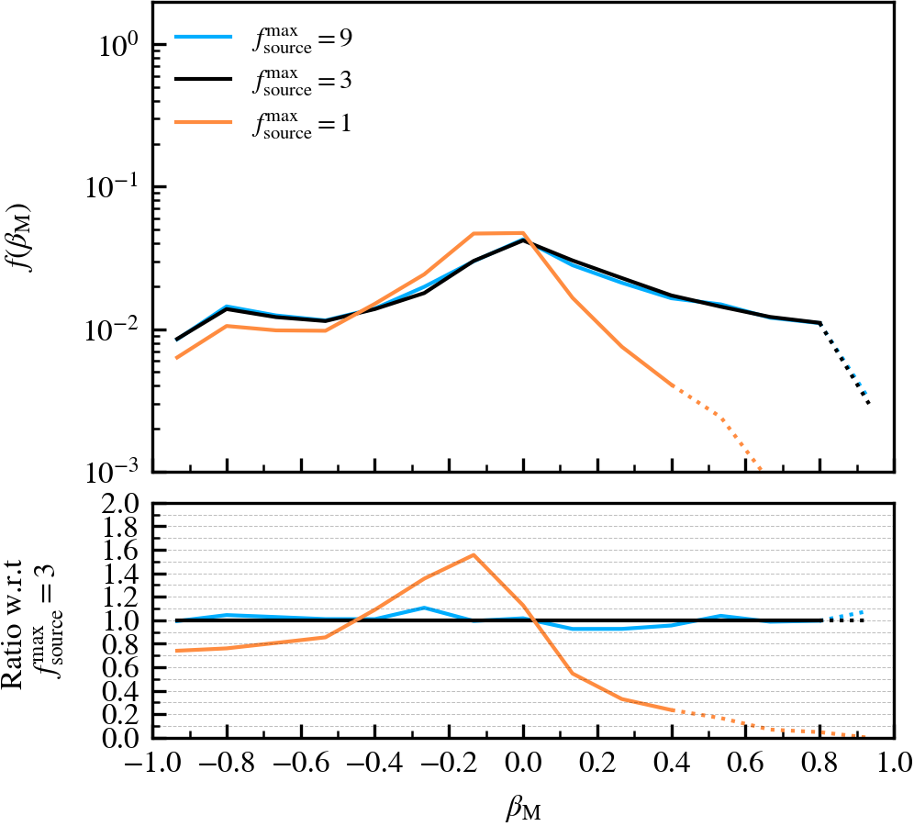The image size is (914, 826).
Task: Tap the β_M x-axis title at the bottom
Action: coord(522,808)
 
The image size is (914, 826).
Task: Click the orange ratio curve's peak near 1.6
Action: coord(474,554)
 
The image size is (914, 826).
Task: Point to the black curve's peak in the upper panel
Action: coord(523,240)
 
